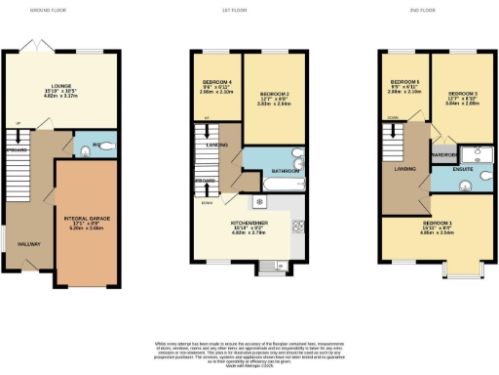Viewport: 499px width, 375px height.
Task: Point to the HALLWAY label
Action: click(28, 244)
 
